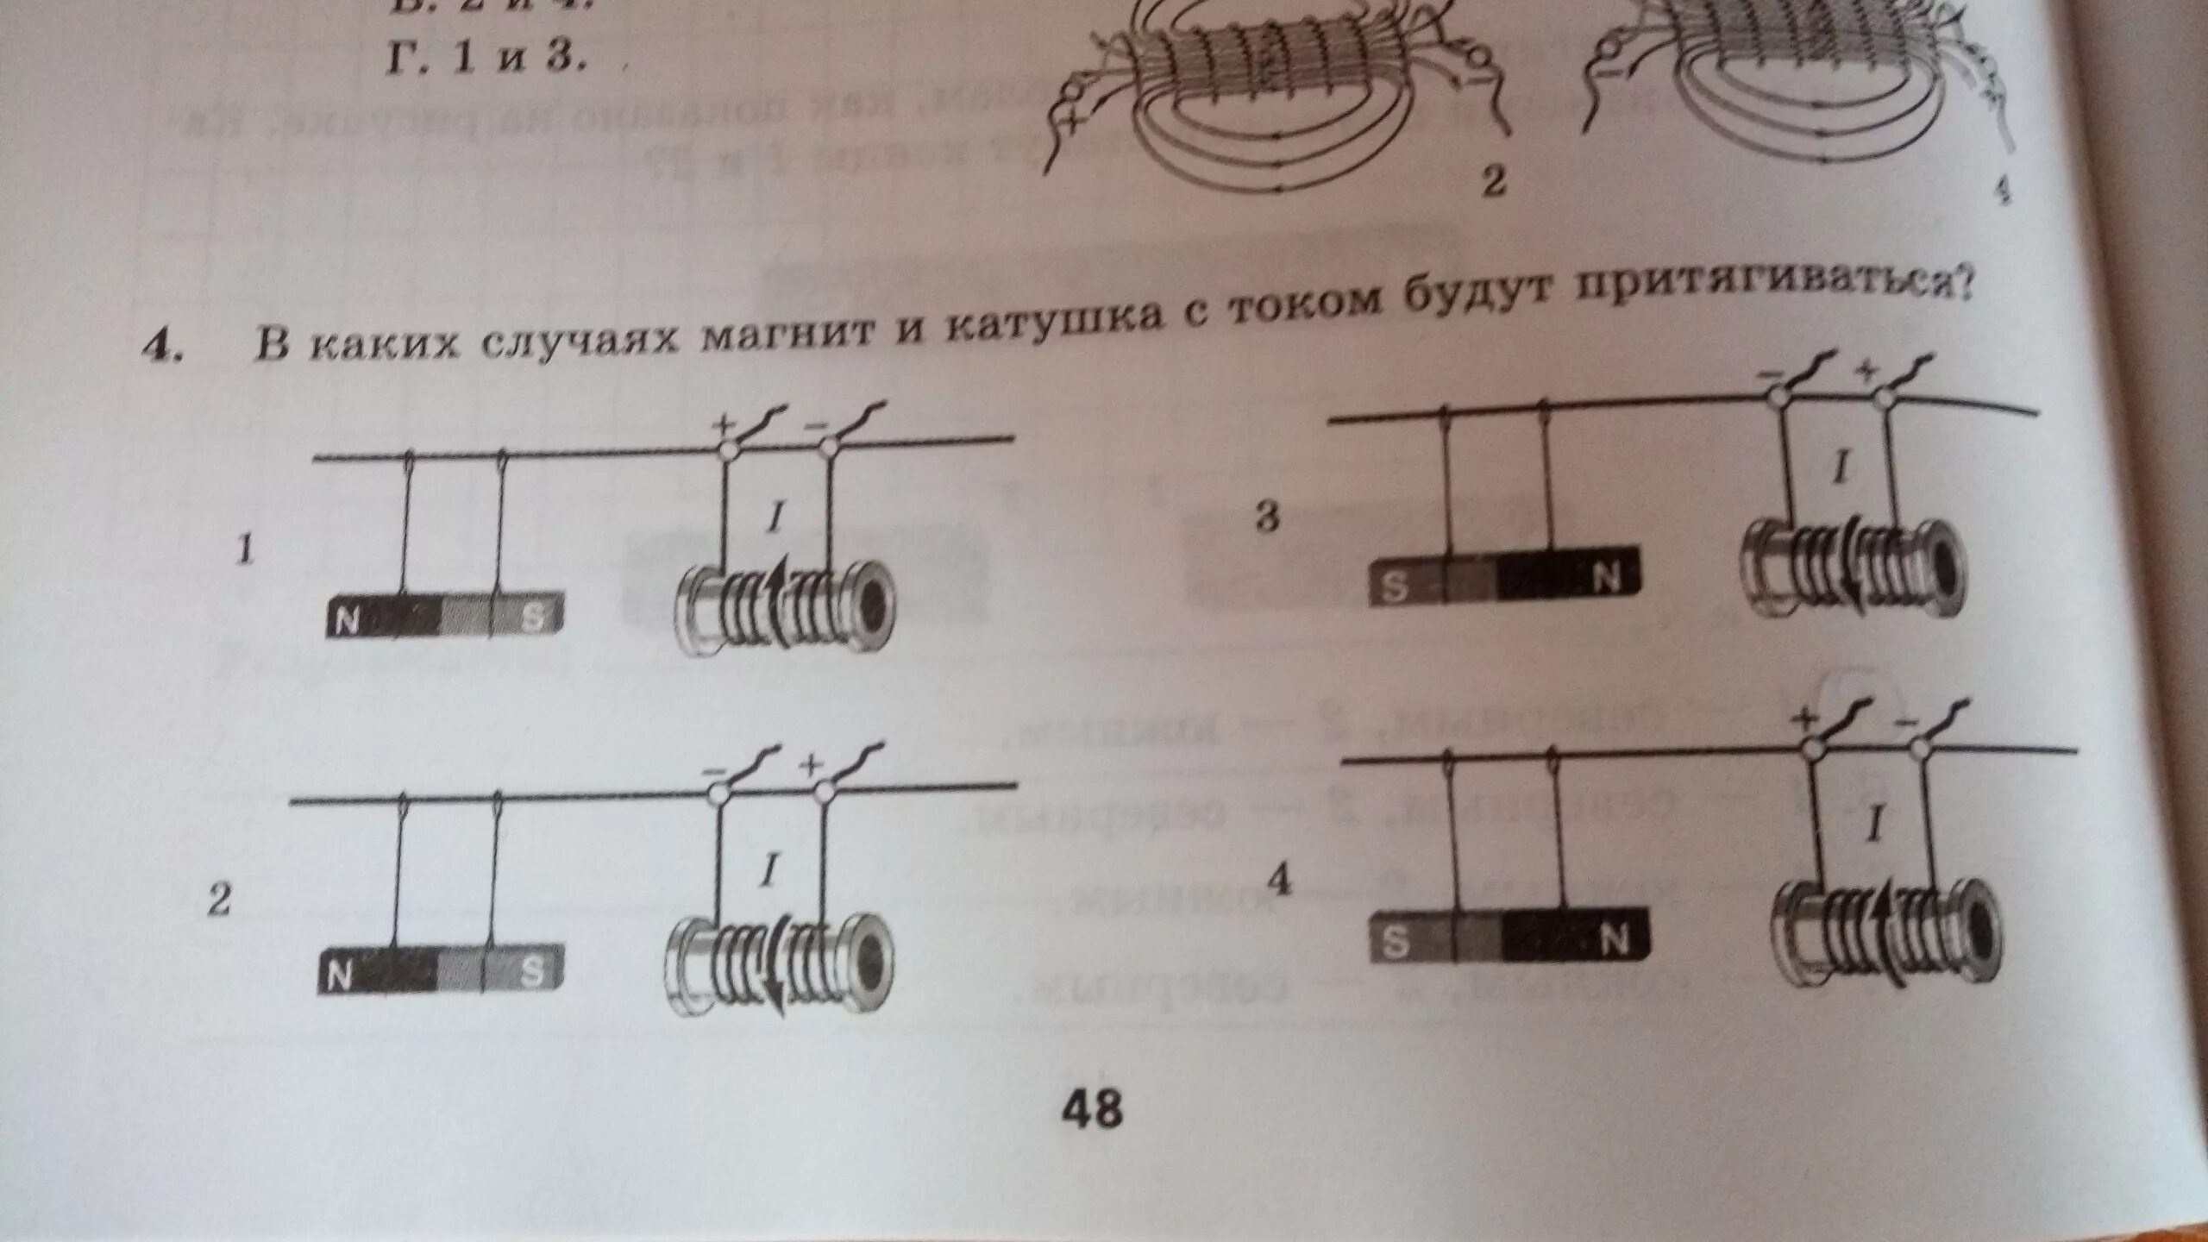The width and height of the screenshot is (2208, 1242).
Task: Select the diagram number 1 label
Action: (x=247, y=550)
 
